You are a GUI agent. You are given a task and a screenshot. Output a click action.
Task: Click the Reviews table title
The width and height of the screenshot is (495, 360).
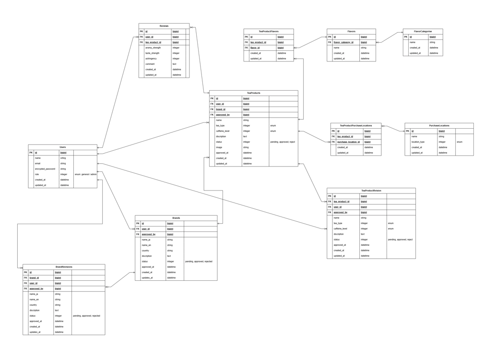pos(164,26)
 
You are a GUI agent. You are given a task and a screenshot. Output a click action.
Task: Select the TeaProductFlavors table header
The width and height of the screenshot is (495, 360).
pos(268,31)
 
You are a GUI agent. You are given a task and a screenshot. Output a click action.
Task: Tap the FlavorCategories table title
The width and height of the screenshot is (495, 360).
pos(423,31)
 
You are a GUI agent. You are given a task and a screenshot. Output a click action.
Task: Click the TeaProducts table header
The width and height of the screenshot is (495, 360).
pos(253,93)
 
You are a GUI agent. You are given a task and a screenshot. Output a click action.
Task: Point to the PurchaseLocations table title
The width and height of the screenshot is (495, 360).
pos(439,125)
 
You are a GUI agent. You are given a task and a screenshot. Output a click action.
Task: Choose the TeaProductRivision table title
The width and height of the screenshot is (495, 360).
pos(371,191)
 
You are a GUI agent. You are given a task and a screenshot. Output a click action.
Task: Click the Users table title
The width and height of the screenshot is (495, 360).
pos(62,147)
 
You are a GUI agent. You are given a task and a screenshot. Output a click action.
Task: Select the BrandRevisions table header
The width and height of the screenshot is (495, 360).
pos(64,266)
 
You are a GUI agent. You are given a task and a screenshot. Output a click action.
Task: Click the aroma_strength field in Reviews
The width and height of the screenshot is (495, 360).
pos(153,48)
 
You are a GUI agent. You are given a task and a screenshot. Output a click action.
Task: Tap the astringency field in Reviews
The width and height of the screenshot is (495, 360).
pos(151,59)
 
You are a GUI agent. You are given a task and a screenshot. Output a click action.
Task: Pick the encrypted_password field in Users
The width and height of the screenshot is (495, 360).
pos(45,169)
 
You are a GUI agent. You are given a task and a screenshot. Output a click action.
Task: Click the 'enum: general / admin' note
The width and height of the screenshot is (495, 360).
pos(85,174)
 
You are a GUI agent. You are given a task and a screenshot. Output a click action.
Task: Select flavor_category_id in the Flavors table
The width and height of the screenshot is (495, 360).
pos(343,42)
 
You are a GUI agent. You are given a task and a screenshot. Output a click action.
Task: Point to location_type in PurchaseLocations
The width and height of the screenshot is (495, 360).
pos(418,142)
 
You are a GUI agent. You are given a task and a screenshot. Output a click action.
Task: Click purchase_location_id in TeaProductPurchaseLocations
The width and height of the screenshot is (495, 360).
pos(348,142)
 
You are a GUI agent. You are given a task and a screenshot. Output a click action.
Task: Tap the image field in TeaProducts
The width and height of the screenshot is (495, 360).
pos(219,147)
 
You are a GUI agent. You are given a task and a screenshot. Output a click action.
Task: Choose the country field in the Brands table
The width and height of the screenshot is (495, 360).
pos(145,251)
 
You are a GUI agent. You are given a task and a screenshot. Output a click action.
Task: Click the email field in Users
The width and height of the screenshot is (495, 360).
pos(38,164)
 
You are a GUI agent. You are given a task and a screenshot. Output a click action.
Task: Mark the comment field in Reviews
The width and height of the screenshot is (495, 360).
pos(150,64)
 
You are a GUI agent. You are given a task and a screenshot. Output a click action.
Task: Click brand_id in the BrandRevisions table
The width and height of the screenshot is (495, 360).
pos(34,278)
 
